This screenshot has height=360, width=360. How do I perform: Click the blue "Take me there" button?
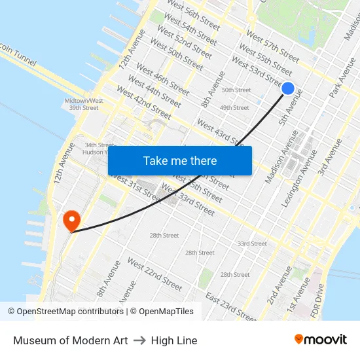tap(180, 160)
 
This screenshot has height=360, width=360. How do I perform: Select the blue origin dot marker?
tap(287, 88)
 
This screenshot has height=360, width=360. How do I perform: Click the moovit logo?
tap(320, 340)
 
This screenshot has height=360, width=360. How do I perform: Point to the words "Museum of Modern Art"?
tap(71, 340)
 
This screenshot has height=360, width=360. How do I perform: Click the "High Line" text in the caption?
tap(174, 340)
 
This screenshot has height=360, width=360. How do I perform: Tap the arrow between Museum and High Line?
tap(139, 340)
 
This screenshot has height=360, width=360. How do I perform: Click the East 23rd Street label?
tap(230, 307)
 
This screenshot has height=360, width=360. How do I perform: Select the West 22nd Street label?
tap(154, 274)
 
